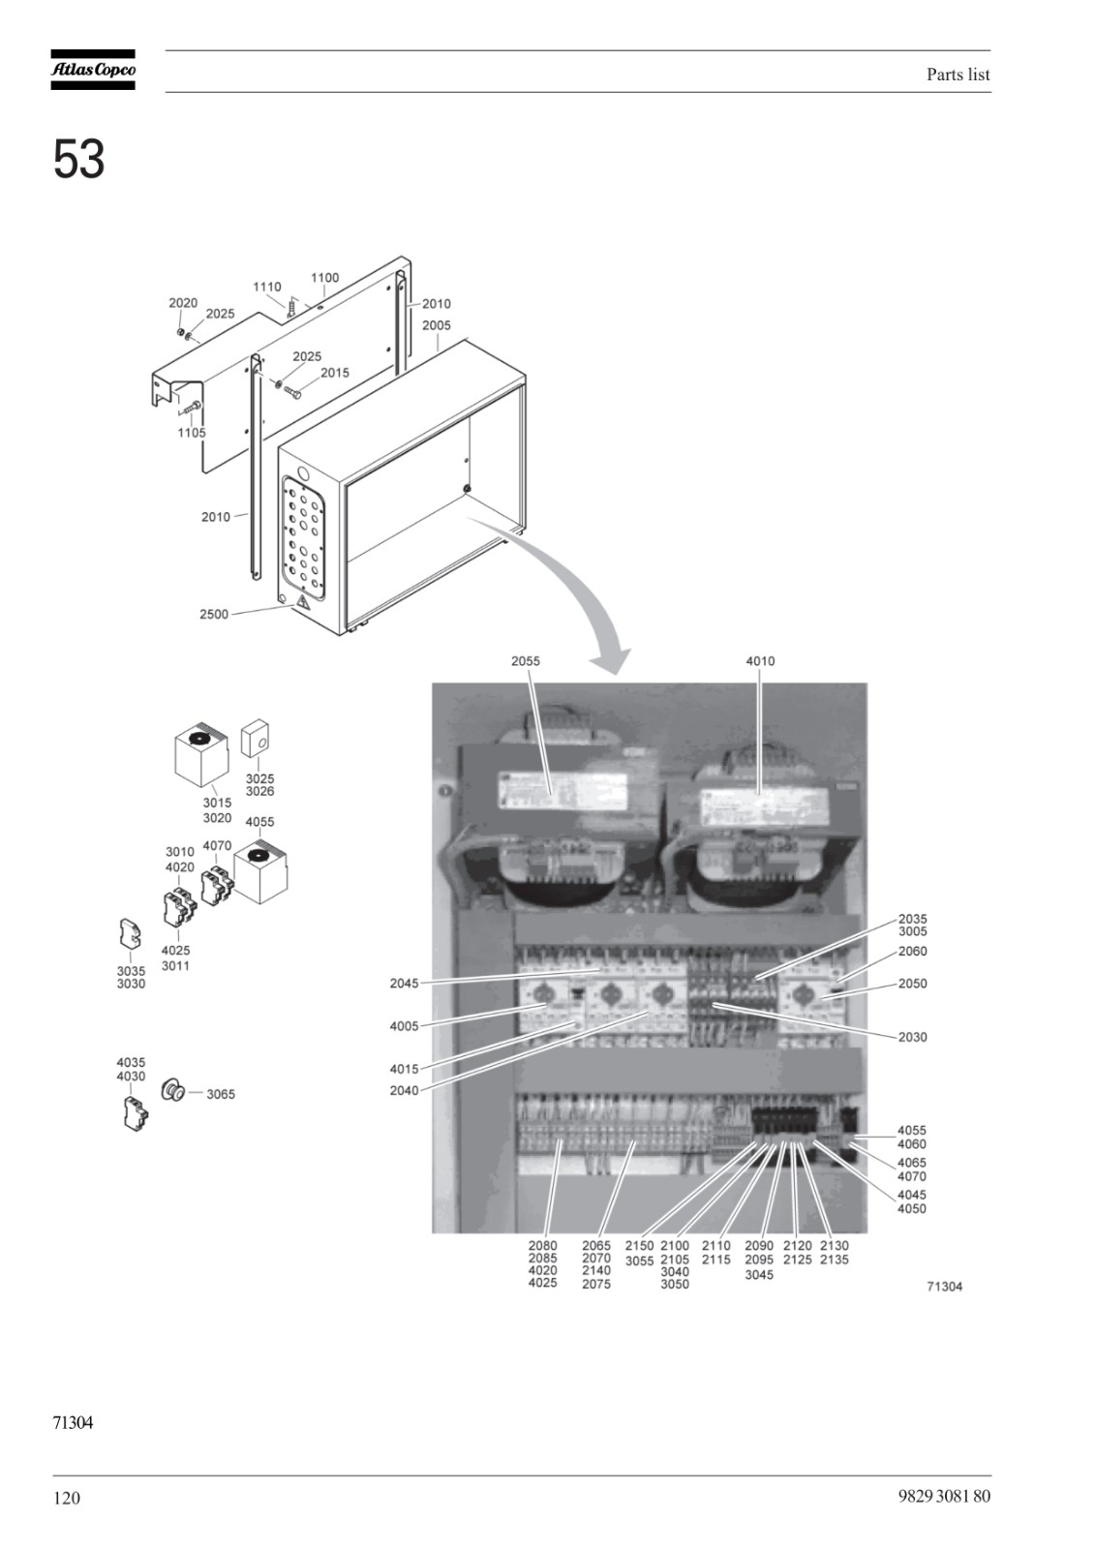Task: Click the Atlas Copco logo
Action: point(93,70)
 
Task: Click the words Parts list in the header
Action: point(958,75)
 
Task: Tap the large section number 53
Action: point(78,159)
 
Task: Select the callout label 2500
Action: point(214,614)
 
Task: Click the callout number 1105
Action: point(192,433)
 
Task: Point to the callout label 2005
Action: point(437,325)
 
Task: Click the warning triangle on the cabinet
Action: point(302,602)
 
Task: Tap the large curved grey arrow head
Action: point(613,661)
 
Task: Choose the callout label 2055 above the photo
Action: point(526,661)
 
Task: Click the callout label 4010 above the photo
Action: point(760,661)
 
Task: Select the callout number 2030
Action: point(912,1037)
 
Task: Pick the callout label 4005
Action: point(404,1026)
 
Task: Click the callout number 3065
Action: point(221,1095)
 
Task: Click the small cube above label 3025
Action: point(255,740)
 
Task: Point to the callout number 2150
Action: point(639,1245)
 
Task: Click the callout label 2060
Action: point(912,952)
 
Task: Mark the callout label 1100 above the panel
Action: point(324,278)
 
